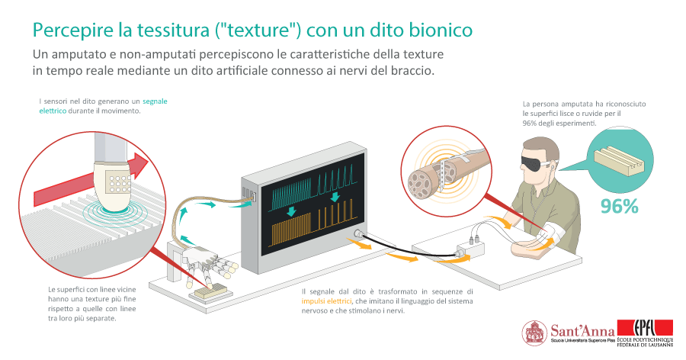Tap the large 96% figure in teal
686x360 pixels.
point(619,206)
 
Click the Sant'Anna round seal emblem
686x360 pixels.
point(534,333)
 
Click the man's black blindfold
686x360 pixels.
point(535,161)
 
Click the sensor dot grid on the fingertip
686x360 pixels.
point(117,184)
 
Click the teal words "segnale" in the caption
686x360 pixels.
point(155,101)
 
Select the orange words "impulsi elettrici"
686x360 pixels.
point(326,301)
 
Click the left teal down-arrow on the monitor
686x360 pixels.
point(291,211)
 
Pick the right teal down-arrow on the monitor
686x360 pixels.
point(335,197)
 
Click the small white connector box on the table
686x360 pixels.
point(471,249)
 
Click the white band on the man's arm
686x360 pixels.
point(552,234)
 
